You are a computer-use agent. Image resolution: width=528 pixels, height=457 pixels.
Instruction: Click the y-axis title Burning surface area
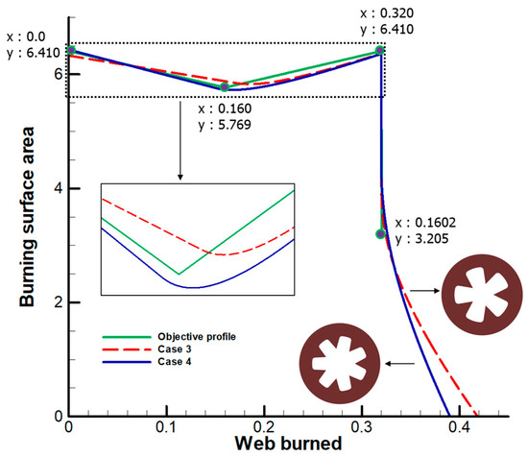[x=28, y=230]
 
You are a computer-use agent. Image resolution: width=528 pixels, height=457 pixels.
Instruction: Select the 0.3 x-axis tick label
[x=308, y=425]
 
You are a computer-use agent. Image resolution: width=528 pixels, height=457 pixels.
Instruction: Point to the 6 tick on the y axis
[x=60, y=74]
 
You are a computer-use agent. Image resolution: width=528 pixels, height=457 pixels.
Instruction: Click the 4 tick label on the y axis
[x=60, y=188]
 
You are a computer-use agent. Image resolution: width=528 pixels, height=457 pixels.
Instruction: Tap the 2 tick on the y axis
[x=60, y=302]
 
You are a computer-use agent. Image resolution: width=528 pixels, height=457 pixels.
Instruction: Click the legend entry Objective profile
[x=187, y=337]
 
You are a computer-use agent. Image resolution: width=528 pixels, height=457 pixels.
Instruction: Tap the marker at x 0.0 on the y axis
[x=70, y=50]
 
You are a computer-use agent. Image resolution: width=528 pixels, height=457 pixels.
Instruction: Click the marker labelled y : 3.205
[x=381, y=233]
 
